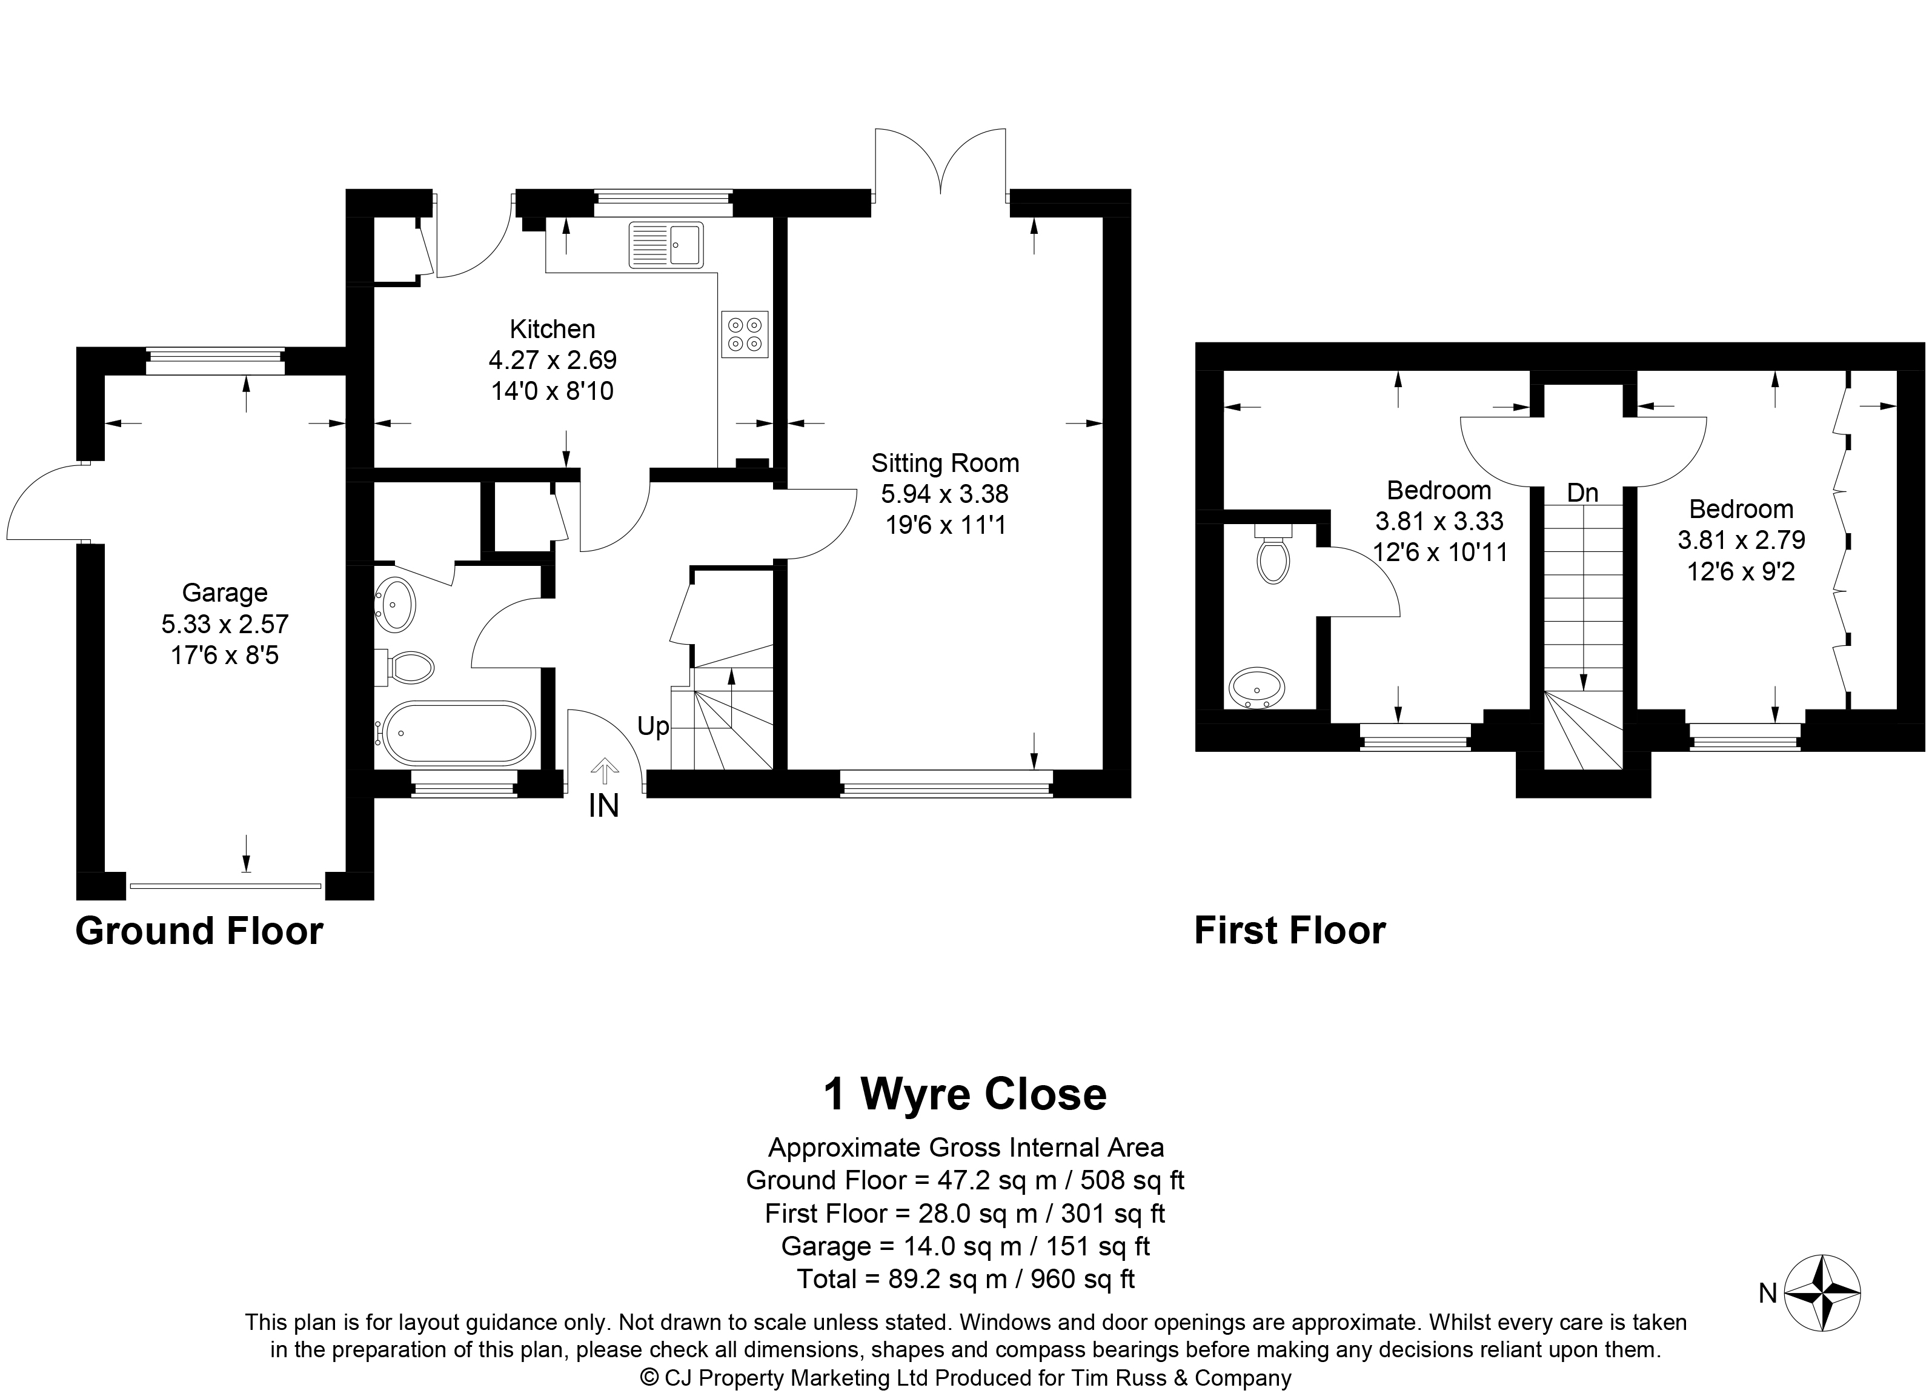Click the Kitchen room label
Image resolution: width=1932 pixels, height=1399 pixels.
(552, 330)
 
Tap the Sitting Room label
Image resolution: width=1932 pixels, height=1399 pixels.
(944, 464)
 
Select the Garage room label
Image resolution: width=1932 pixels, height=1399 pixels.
(225, 593)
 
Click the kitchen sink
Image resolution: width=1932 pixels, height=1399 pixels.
(666, 245)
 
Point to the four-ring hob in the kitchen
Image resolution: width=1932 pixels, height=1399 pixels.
(745, 334)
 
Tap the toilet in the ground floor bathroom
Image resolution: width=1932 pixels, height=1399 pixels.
(410, 667)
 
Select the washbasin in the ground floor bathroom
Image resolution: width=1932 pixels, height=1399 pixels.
(394, 604)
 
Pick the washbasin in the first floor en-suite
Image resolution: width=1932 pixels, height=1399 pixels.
(1256, 688)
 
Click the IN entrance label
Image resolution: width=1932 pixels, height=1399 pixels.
(603, 806)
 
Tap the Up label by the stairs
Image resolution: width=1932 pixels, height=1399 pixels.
(652, 726)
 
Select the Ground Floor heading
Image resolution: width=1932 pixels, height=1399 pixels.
(199, 931)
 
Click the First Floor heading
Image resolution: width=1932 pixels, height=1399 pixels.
(1290, 931)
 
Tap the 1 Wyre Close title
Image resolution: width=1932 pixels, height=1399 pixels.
(964, 1094)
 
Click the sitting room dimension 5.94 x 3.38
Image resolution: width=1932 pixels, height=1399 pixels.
(944, 494)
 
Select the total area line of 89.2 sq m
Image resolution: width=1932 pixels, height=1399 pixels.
(965, 1279)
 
